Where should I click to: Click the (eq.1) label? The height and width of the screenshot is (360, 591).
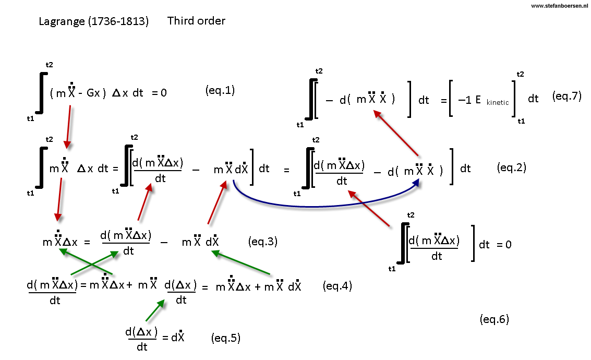[x=220, y=90]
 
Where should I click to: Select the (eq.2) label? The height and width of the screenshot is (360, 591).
[x=512, y=167]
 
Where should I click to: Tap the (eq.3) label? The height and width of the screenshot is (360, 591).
[x=263, y=242]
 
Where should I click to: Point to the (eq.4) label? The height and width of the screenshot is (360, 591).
[x=337, y=286]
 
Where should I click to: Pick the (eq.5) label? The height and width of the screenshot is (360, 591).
[x=226, y=338]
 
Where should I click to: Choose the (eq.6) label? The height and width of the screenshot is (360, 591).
[x=494, y=319]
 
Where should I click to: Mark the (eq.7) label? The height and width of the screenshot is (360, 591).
[x=567, y=96]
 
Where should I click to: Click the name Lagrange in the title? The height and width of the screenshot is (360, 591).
[x=62, y=21]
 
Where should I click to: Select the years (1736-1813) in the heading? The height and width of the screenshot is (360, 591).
[x=118, y=21]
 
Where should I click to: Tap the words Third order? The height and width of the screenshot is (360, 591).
[x=196, y=21]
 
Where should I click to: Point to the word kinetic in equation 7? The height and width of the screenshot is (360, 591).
[x=498, y=103]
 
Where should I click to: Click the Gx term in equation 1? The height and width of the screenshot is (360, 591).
[x=93, y=93]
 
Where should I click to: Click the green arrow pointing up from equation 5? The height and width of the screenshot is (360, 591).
[x=155, y=310]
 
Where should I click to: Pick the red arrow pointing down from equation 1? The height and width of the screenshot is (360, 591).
[x=69, y=127]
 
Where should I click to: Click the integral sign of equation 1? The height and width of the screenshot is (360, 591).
[x=41, y=93]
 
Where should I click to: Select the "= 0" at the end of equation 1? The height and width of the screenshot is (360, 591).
[x=159, y=93]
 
